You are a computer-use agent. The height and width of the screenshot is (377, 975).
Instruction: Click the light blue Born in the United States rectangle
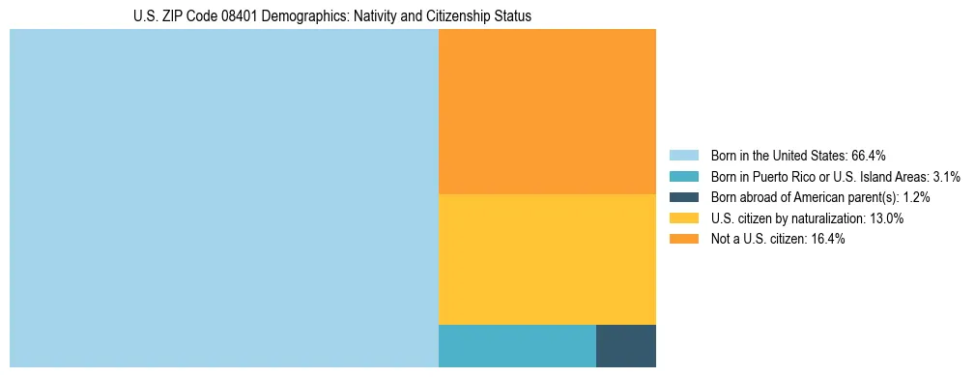tap(224, 198)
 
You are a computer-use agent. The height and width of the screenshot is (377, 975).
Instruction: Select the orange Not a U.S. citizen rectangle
tap(547, 111)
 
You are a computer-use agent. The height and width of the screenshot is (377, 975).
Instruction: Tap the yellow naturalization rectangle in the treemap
tap(547, 259)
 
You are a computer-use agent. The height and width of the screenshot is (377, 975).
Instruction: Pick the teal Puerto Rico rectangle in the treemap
tap(517, 346)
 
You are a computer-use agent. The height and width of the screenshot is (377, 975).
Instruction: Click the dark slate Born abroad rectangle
tap(625, 346)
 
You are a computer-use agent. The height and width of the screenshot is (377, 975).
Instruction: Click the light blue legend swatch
tap(684, 155)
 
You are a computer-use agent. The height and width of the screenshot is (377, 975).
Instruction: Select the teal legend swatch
tap(684, 176)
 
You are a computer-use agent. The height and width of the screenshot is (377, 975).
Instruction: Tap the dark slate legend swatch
tap(684, 197)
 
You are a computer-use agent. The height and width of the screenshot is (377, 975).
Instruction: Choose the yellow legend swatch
tap(684, 218)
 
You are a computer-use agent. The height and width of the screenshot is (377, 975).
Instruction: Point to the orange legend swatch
tap(684, 240)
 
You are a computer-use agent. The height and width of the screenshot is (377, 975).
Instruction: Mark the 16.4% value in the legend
tap(828, 240)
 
